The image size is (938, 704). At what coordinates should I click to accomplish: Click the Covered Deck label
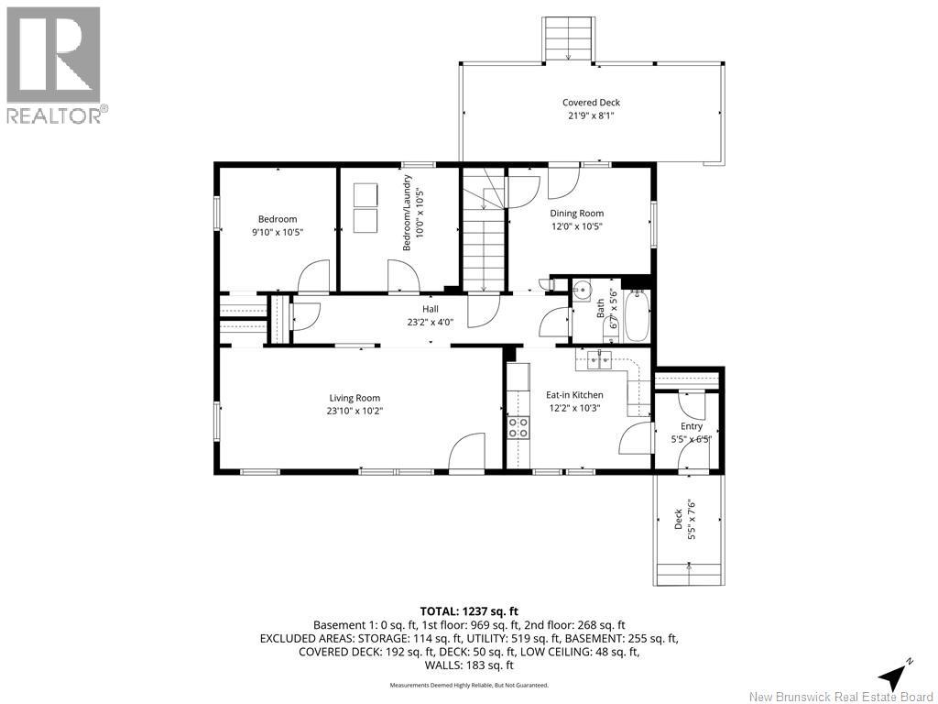591,103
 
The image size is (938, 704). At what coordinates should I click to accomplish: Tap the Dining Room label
577,213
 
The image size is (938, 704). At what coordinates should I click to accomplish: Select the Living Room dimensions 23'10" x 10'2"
354,411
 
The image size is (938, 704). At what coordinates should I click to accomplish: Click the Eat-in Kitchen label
574,395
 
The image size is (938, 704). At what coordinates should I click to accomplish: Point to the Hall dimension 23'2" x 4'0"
431,322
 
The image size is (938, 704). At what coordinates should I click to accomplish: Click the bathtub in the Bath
637,315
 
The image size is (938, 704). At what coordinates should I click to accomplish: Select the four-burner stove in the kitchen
518,427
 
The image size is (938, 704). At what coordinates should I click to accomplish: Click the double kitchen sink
600,359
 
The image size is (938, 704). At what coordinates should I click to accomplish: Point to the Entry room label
691,426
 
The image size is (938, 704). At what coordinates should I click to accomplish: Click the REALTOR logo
54,65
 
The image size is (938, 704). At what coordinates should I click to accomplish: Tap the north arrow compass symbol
894,675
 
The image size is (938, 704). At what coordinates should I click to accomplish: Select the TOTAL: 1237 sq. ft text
469,611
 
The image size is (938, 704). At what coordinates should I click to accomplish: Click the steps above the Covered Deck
568,38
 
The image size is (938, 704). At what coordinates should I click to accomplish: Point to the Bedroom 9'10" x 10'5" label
278,225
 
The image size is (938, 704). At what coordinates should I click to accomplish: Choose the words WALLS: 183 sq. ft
469,665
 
